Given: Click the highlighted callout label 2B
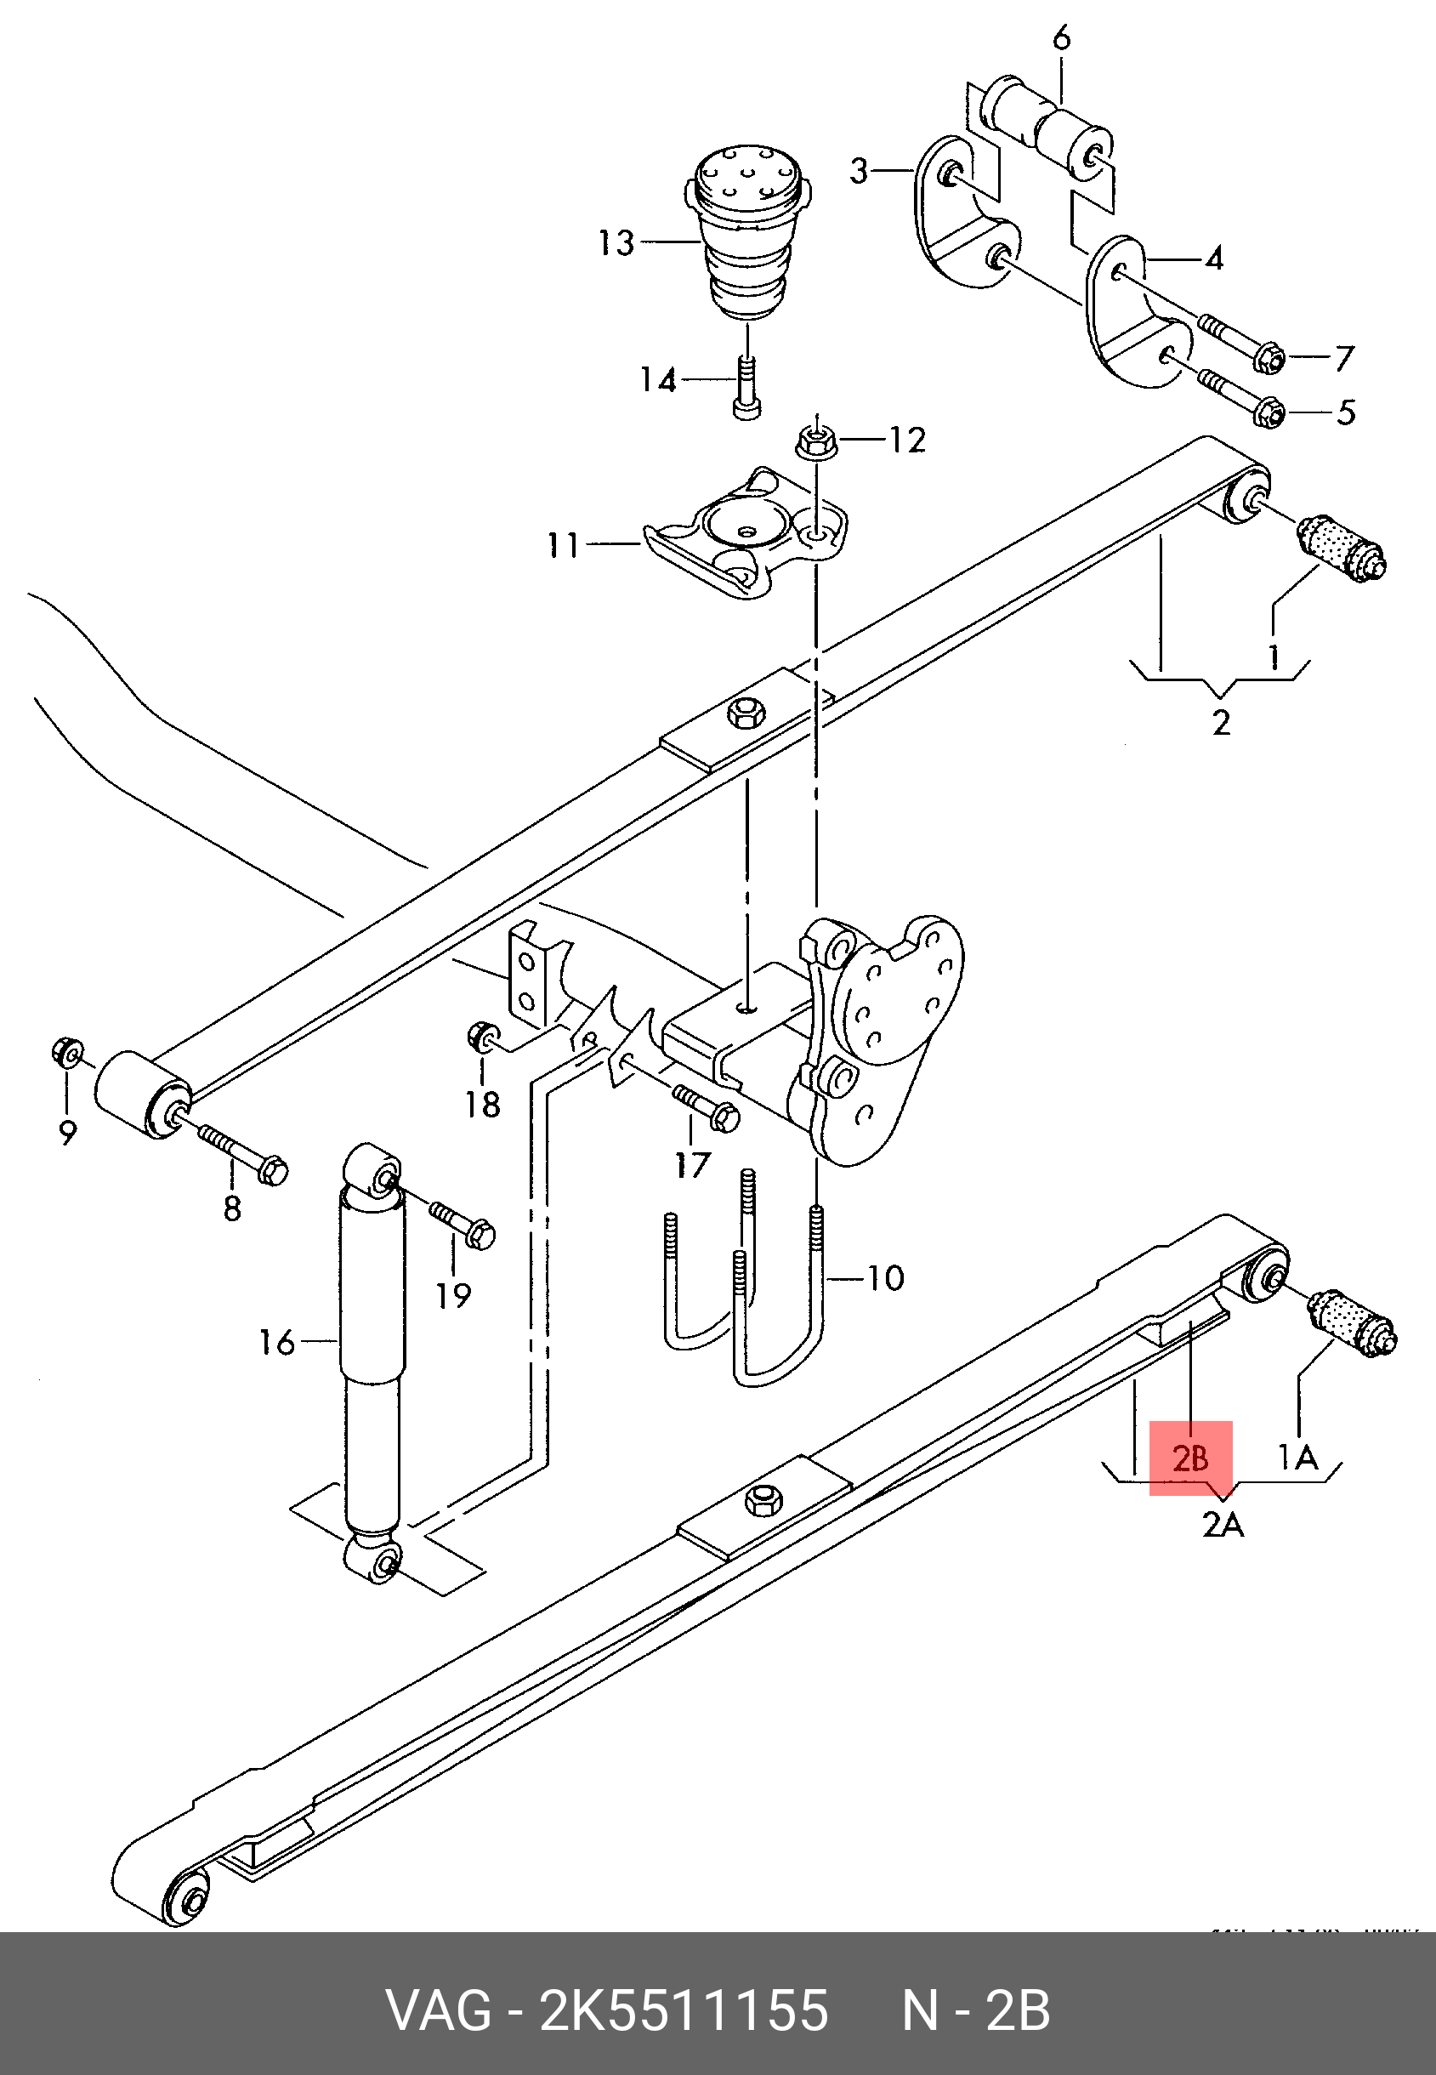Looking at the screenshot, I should pyautogui.click(x=1189, y=1458).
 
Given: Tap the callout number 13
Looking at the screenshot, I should pyautogui.click(x=617, y=243).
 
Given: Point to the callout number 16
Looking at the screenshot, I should pyautogui.click(x=276, y=1342).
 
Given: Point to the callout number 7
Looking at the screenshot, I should pyautogui.click(x=1343, y=359).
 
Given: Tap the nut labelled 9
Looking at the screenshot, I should pyautogui.click(x=65, y=1051).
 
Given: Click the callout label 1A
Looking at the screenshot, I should pyautogui.click(x=1297, y=1457).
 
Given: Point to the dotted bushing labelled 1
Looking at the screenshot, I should pyautogui.click(x=1341, y=547).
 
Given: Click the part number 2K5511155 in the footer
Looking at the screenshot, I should pyautogui.click(x=683, y=2010).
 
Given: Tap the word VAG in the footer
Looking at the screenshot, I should pyautogui.click(x=439, y=2010).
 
